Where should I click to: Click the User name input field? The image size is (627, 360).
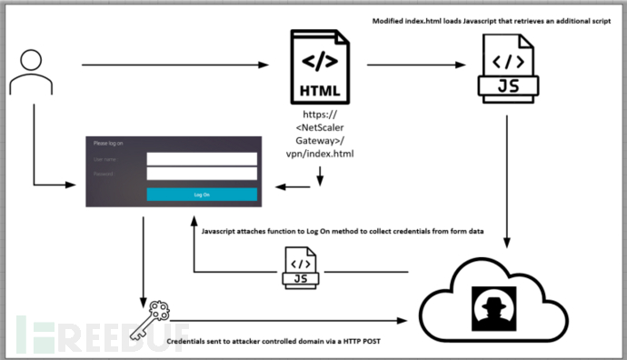pyautogui.click(x=202, y=158)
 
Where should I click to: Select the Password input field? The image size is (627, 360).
pyautogui.click(x=202, y=174)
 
